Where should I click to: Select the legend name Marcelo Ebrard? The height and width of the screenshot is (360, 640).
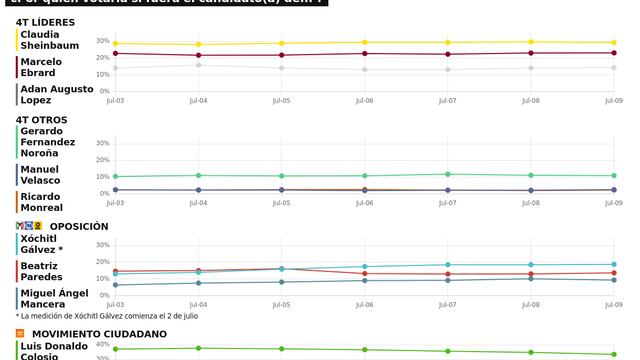click(x=41, y=67)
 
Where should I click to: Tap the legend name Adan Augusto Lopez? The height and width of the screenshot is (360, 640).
click(x=56, y=95)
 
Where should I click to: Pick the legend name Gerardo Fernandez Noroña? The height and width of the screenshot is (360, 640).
click(x=48, y=142)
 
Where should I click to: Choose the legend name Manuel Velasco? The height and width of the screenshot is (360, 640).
click(x=40, y=175)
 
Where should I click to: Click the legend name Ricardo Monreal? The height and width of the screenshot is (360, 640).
click(x=41, y=202)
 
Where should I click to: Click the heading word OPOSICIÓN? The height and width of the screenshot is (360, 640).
click(x=78, y=226)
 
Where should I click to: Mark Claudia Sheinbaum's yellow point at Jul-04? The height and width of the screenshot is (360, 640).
click(x=199, y=44)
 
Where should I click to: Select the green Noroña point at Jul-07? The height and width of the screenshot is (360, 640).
click(x=450, y=174)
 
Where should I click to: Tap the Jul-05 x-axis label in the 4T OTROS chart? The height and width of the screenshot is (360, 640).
click(x=283, y=203)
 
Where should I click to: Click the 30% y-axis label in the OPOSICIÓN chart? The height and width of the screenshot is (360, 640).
click(x=102, y=244)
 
